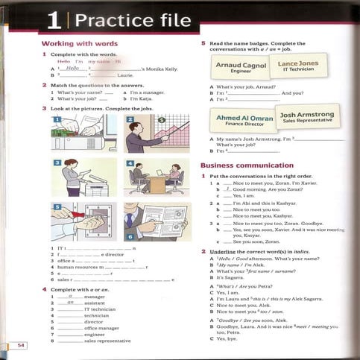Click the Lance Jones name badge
pos(298,66)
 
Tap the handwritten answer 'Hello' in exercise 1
pos(72,68)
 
